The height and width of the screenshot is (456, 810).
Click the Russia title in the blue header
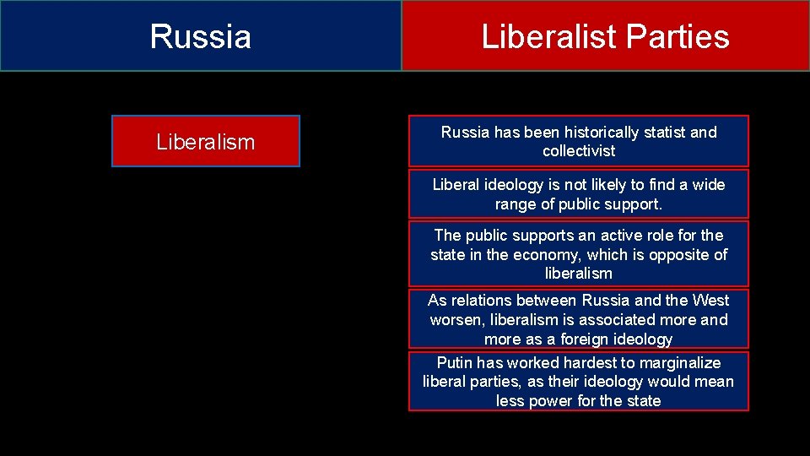(201, 37)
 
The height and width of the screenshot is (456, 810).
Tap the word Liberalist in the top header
(548, 37)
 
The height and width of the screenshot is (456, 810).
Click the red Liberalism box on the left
(205, 142)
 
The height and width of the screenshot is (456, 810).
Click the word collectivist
(579, 151)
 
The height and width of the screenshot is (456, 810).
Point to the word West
(710, 300)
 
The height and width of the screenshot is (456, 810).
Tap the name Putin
(455, 362)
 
